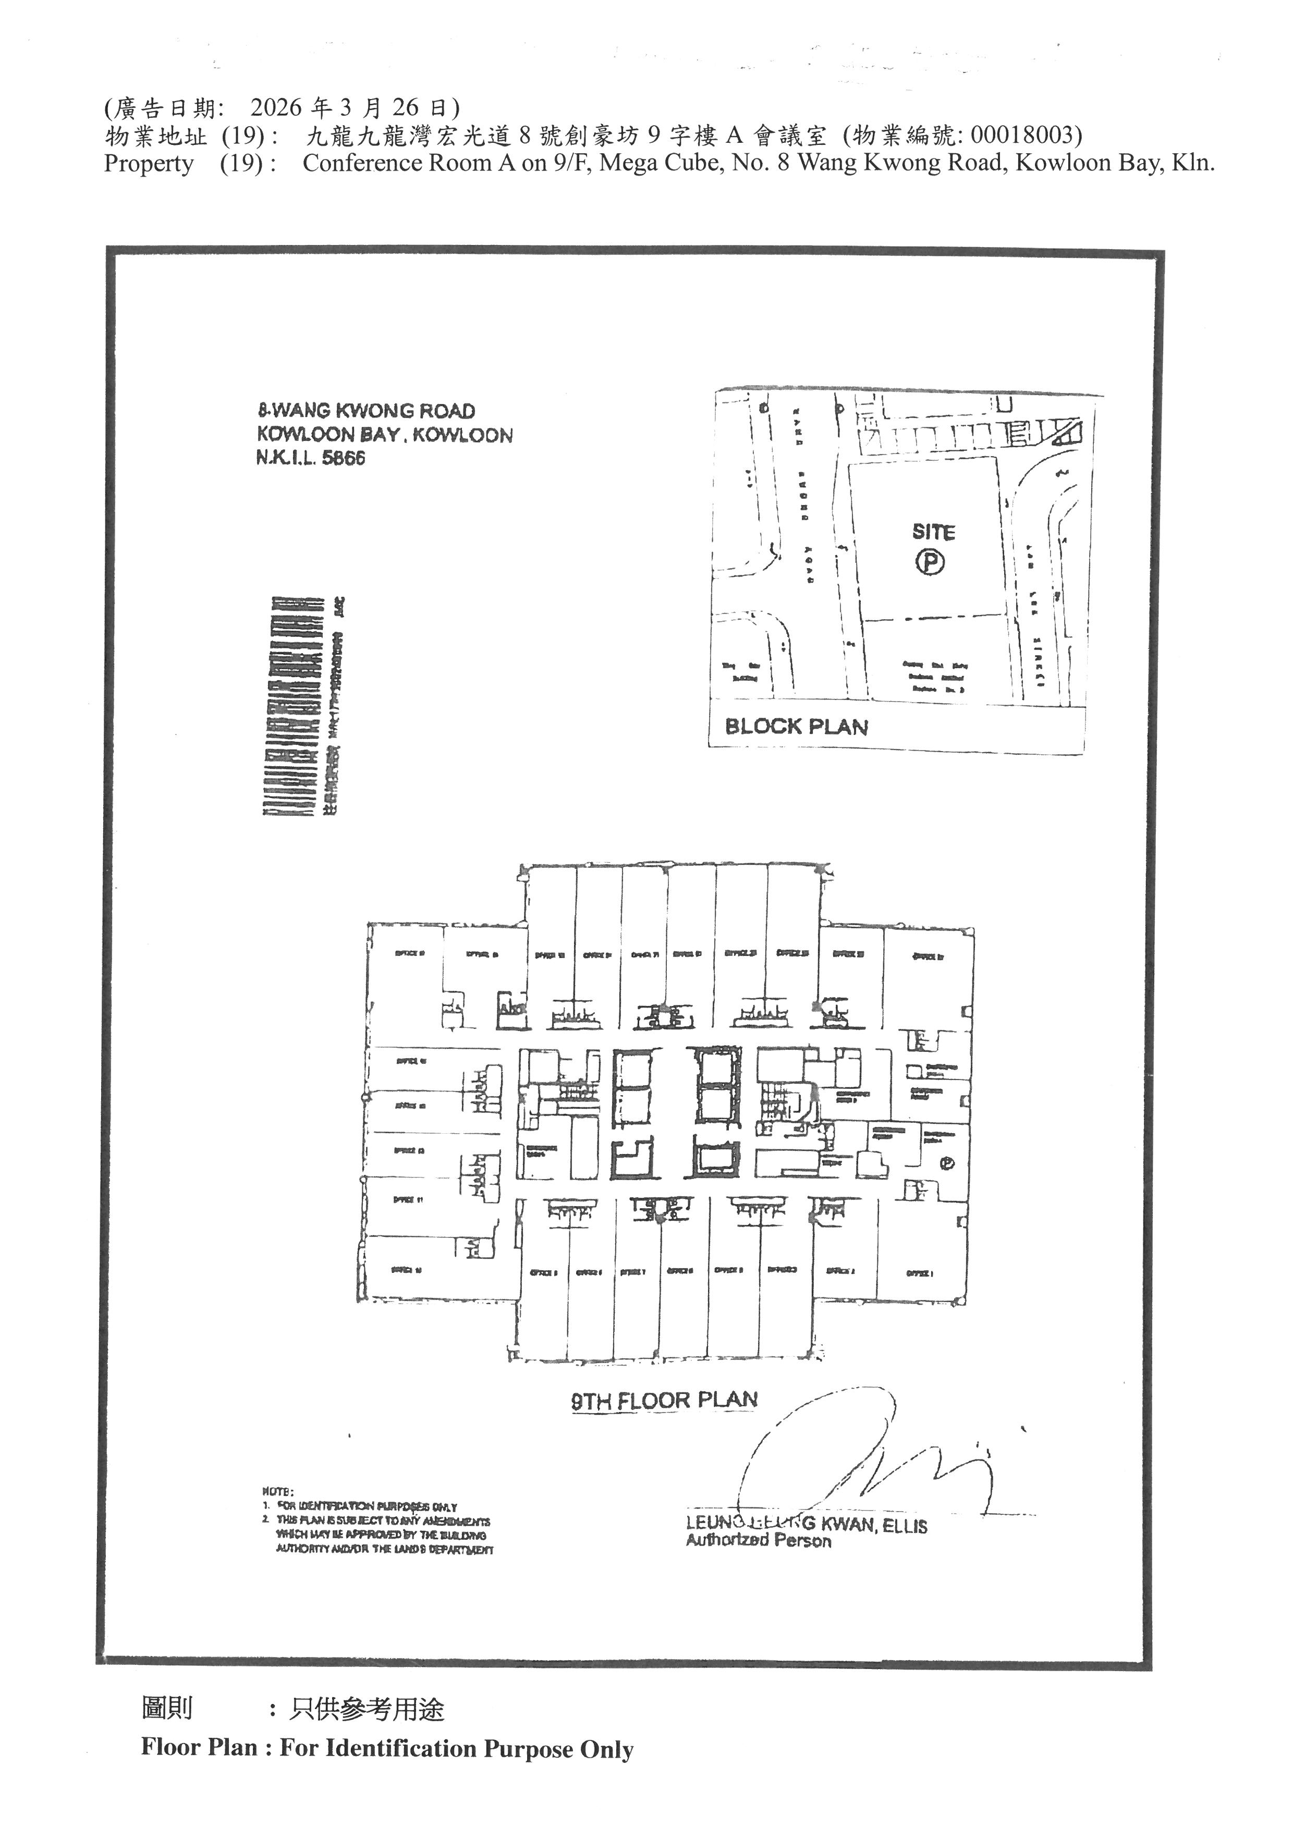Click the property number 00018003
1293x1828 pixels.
[x=1022, y=136]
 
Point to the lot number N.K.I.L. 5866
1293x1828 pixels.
[x=311, y=459]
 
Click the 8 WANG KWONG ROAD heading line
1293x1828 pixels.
[x=366, y=411]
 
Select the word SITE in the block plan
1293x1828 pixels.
[x=933, y=532]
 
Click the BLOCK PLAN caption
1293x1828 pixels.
[x=796, y=726]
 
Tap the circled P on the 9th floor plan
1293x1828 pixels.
[x=947, y=1164]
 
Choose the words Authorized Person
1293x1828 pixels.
[x=758, y=1541]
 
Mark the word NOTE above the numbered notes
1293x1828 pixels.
[x=278, y=1491]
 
